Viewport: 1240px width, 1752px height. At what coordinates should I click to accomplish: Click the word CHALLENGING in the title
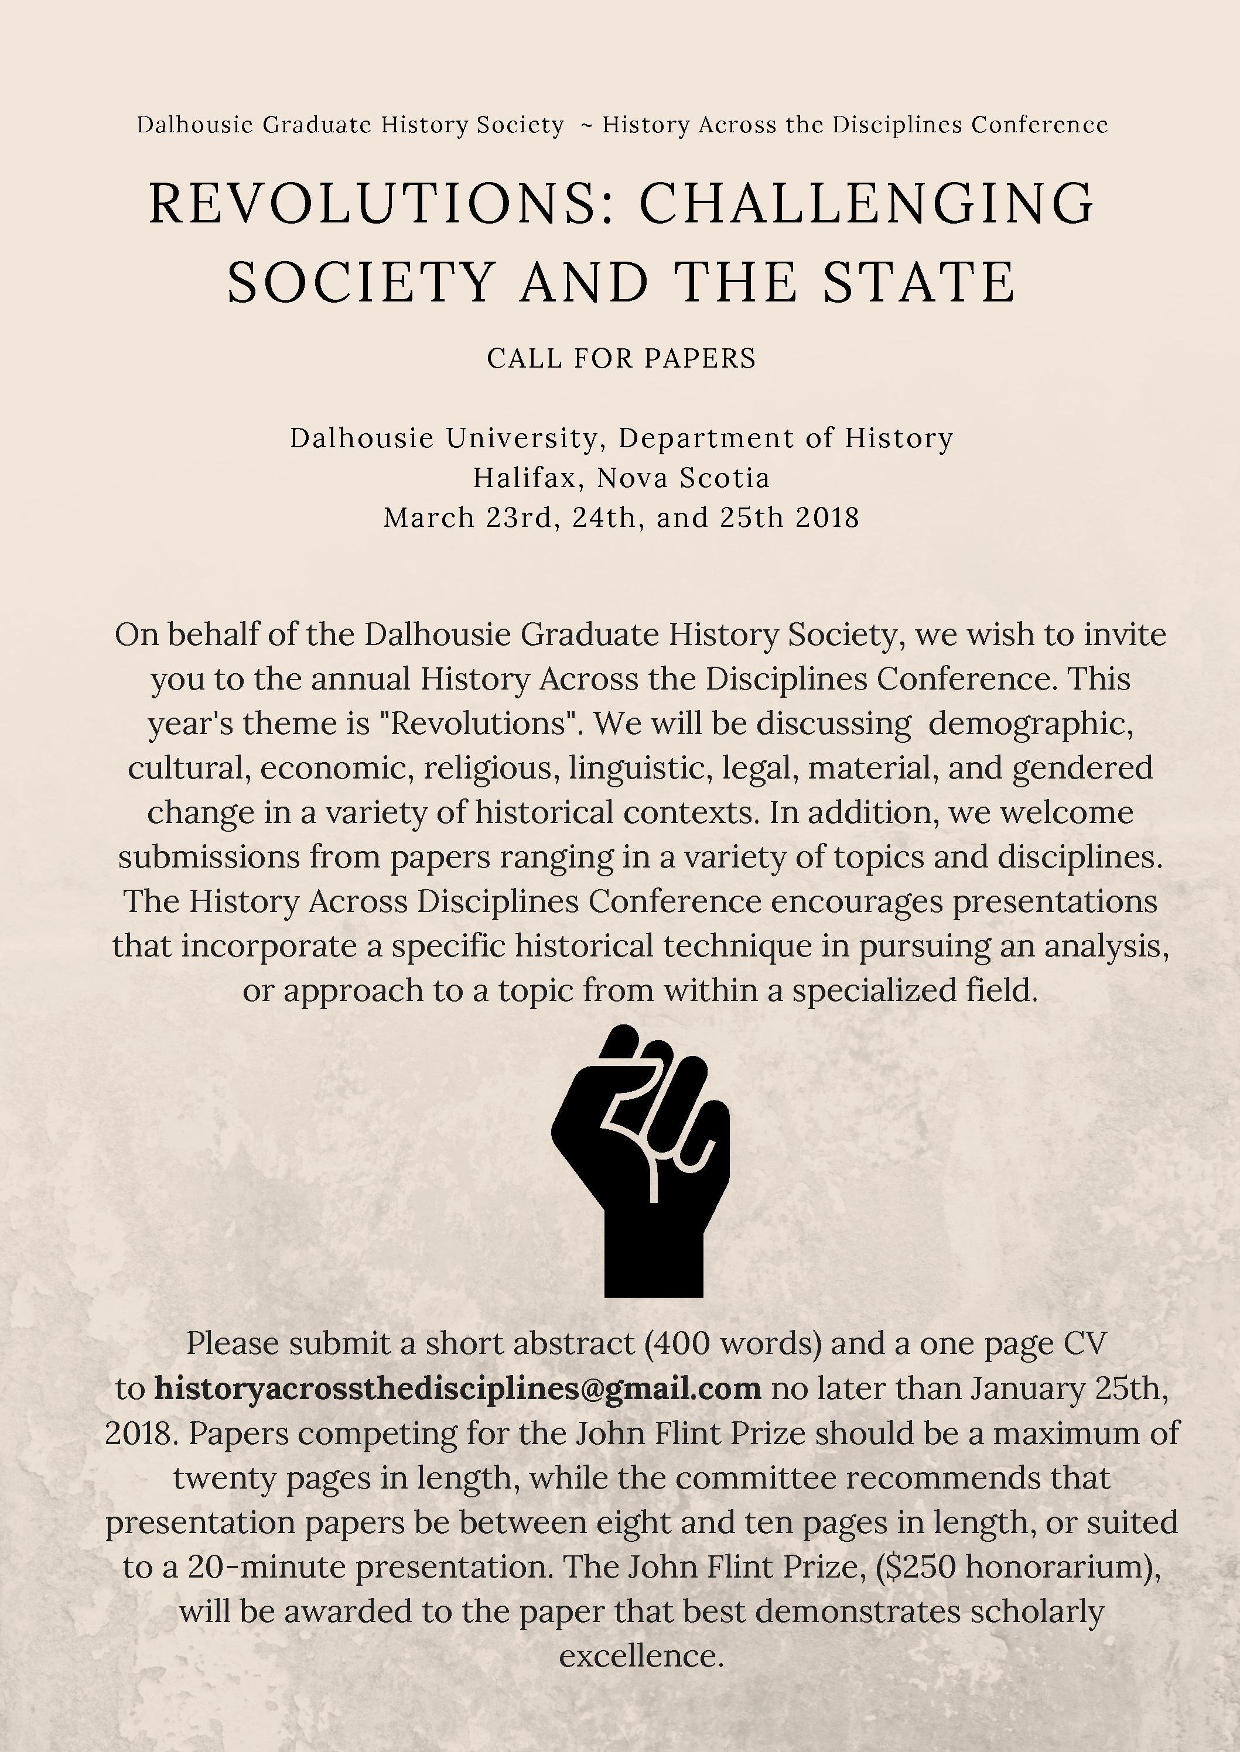click(x=867, y=203)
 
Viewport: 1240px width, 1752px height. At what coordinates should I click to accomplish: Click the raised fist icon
click(x=640, y=1160)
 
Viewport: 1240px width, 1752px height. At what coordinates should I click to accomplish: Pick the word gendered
click(x=1082, y=767)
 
